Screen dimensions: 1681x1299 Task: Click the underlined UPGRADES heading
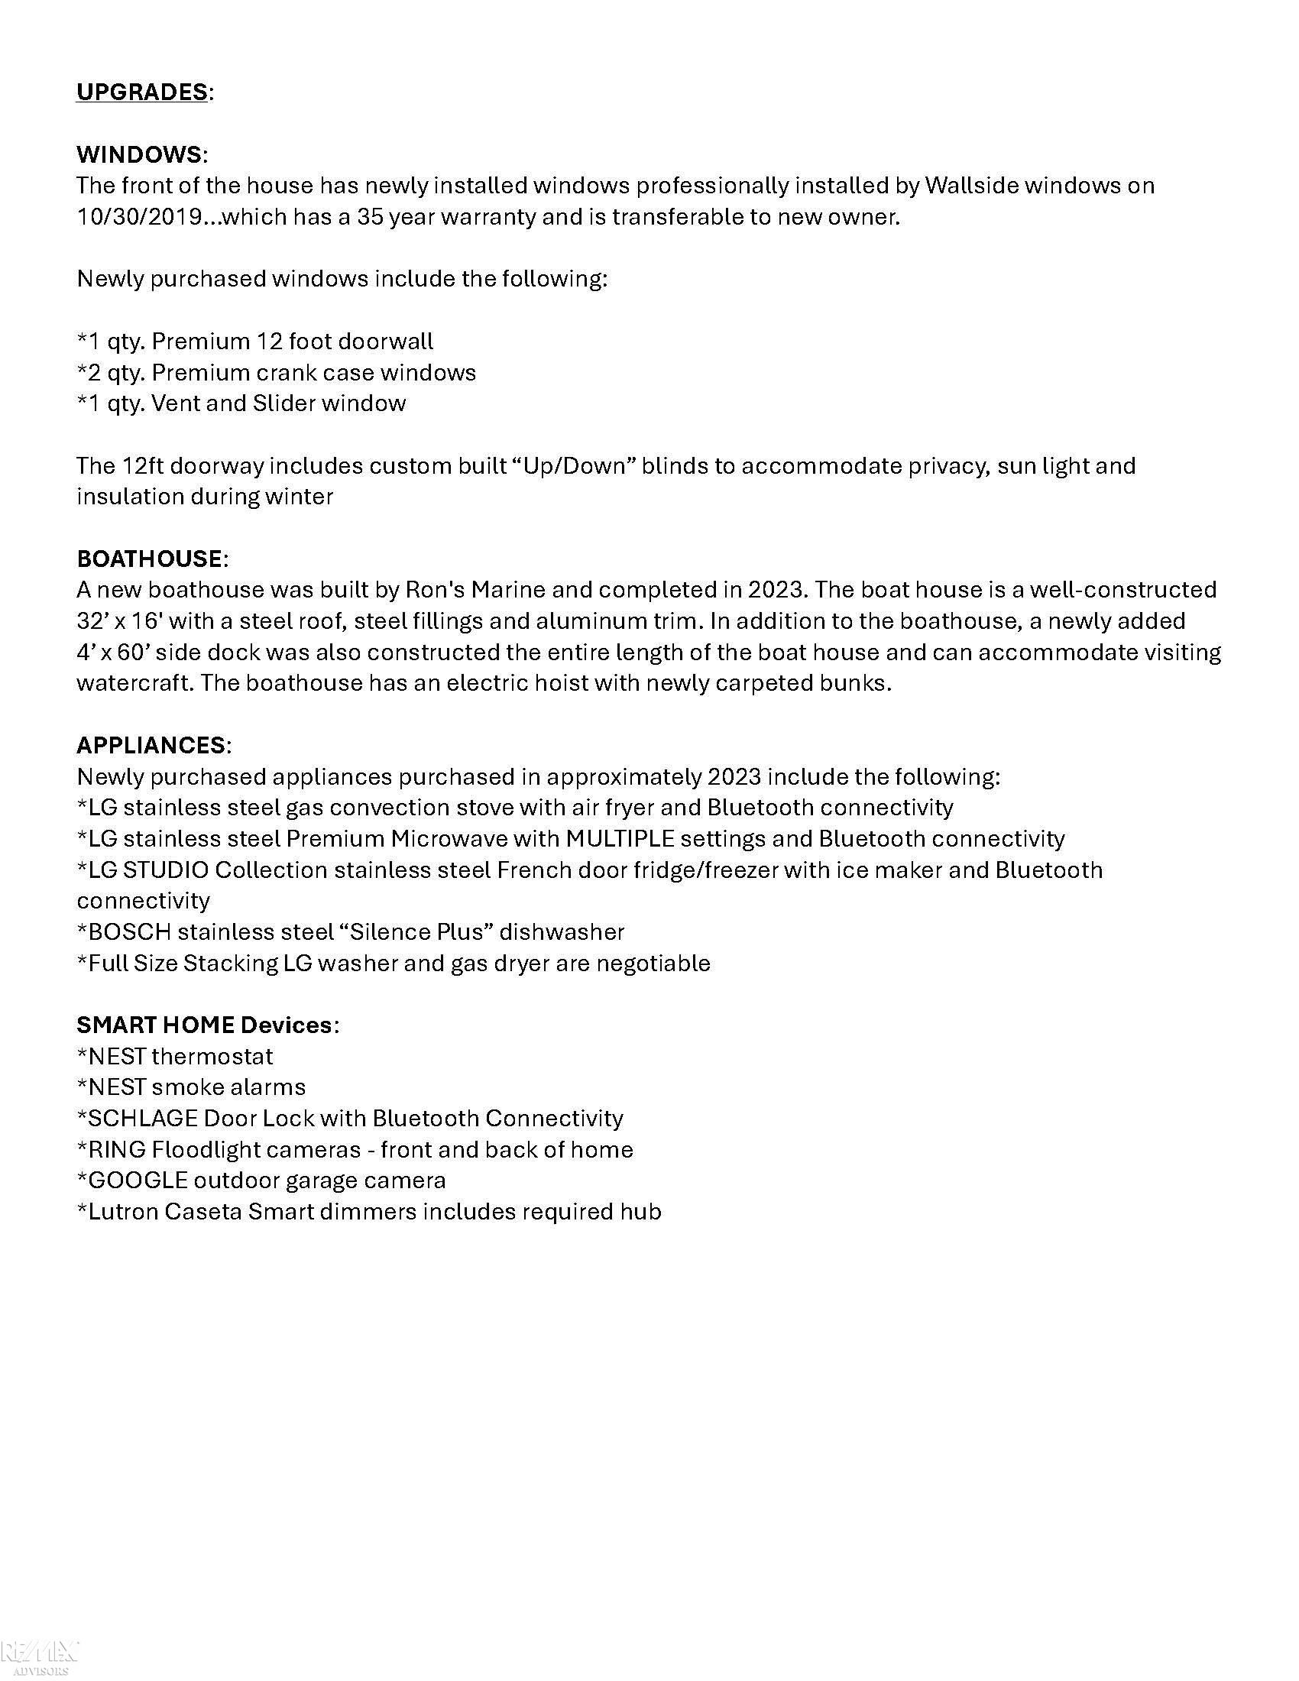point(141,92)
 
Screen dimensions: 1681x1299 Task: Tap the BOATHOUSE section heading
point(149,559)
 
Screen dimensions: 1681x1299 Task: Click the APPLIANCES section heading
point(151,745)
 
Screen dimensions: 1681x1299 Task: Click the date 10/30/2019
point(139,217)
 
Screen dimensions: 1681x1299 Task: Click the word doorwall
point(386,341)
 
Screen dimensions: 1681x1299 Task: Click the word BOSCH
point(129,932)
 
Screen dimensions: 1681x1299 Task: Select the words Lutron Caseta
point(165,1212)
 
